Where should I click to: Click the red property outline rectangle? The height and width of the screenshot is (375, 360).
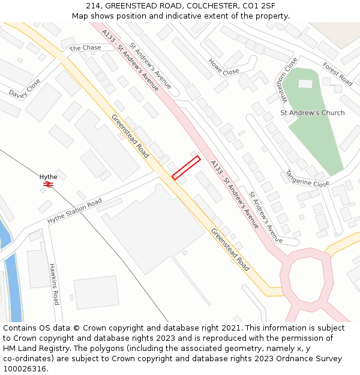point(186,167)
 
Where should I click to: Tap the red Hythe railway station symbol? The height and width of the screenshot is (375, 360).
point(48,185)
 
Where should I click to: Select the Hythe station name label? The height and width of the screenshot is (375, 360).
point(49,176)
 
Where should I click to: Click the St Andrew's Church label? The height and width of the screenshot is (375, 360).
point(313,113)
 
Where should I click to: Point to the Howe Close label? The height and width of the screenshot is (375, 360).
point(224,67)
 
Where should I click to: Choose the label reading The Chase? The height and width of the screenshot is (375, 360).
point(85,48)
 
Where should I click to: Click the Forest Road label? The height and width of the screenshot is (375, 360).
point(337,74)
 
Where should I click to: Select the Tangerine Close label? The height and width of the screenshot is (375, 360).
point(307,178)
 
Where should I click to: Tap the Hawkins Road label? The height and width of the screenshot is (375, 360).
point(54,284)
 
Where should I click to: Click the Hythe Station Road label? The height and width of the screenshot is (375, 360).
point(74,212)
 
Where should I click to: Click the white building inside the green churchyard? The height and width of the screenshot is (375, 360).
point(305,83)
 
